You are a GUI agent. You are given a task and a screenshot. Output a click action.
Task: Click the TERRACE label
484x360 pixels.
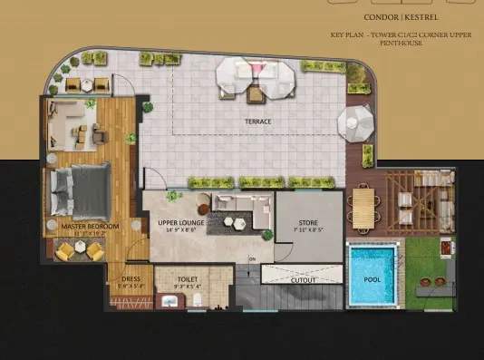[x=257, y=121]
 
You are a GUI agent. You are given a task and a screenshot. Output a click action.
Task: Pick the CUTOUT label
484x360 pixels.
[x=303, y=279]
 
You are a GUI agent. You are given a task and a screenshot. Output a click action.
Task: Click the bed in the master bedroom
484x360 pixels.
[x=79, y=191]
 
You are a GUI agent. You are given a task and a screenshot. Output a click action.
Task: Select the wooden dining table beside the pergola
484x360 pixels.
[x=364, y=204]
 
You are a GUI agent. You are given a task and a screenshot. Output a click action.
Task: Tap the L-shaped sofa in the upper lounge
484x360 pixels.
[x=250, y=209]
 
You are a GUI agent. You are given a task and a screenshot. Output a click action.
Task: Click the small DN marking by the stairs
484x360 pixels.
[x=253, y=258]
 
